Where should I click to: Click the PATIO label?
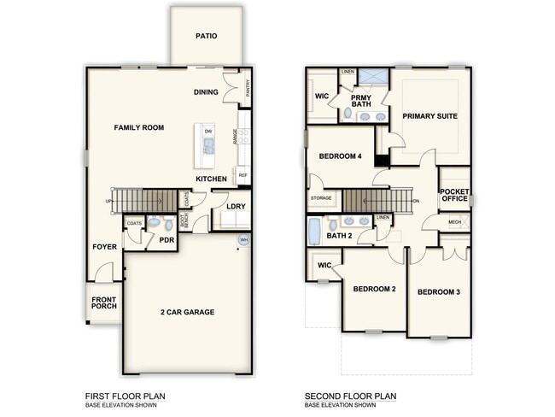[206, 37]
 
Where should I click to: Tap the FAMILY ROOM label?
[139, 127]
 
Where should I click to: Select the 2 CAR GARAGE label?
[187, 312]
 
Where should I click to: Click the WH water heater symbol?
[244, 240]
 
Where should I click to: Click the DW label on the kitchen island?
[207, 132]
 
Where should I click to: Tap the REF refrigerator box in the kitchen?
[243, 175]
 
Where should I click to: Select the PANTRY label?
[248, 88]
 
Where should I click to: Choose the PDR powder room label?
[166, 242]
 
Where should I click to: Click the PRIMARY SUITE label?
[430, 115]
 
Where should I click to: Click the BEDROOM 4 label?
[341, 156]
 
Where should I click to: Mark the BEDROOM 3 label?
[438, 292]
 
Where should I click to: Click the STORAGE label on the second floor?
[321, 197]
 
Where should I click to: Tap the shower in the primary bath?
[372, 78]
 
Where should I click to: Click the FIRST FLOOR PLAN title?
[125, 396]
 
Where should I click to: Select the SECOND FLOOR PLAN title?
[351, 396]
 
